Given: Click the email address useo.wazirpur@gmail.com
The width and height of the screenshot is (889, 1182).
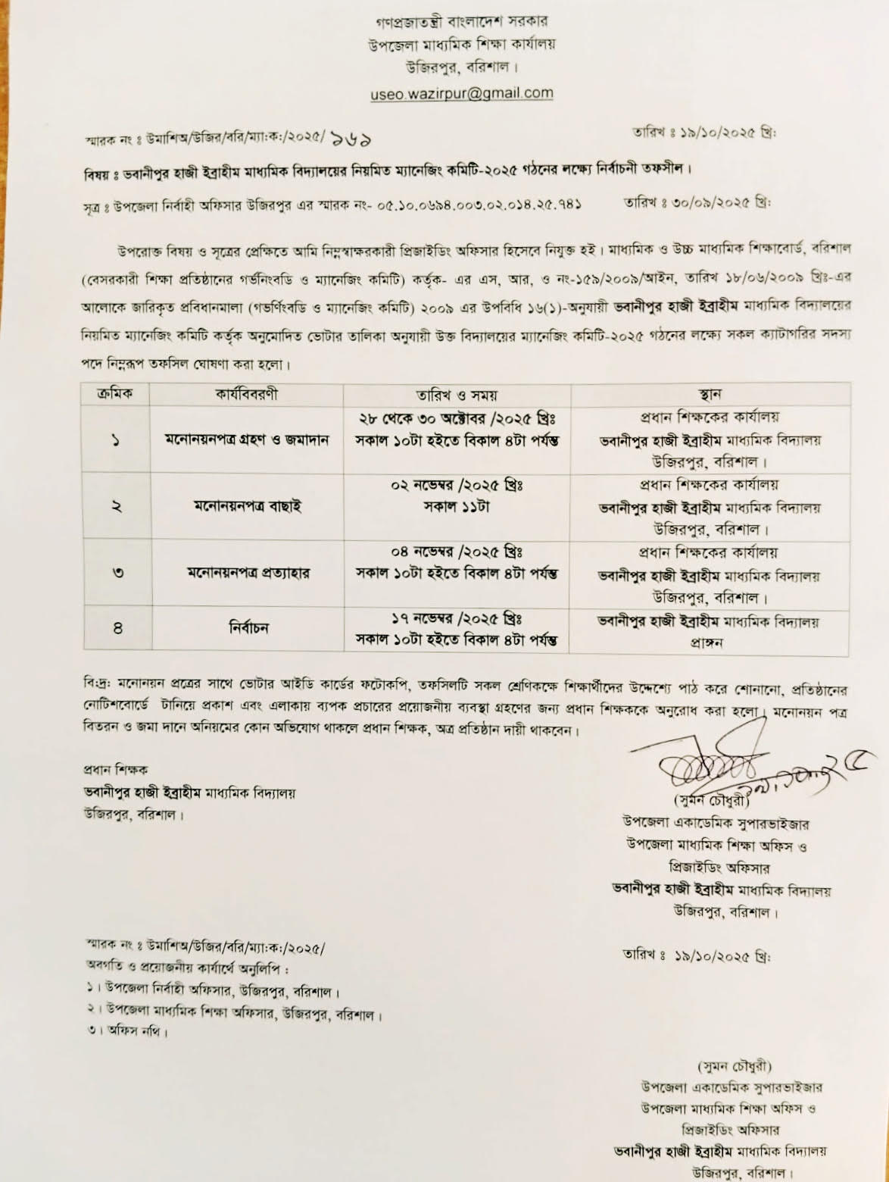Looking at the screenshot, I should [461, 94].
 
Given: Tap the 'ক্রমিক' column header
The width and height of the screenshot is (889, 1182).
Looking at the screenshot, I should [116, 395].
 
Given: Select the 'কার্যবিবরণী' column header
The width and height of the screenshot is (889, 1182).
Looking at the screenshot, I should [245, 395].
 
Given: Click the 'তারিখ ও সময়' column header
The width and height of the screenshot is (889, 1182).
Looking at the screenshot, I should [456, 395].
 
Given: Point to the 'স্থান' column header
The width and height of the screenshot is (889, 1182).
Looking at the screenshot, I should [710, 395].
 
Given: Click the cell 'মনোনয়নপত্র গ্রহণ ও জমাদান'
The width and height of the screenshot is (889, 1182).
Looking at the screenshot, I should [247, 440].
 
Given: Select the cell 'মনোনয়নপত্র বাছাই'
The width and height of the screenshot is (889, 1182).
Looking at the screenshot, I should [247, 506].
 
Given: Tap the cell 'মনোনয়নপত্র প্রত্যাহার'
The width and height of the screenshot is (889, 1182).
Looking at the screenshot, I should [247, 572].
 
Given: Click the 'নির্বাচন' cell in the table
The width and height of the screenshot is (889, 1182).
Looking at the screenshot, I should [247, 627].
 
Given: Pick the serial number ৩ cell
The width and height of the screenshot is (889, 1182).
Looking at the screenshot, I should [117, 573].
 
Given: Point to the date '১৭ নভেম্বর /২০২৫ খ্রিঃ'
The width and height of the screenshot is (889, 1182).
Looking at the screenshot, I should [457, 618].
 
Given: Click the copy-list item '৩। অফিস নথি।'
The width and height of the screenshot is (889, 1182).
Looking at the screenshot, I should [126, 1030].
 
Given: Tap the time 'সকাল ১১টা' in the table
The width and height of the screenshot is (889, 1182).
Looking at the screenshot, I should [456, 507].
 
